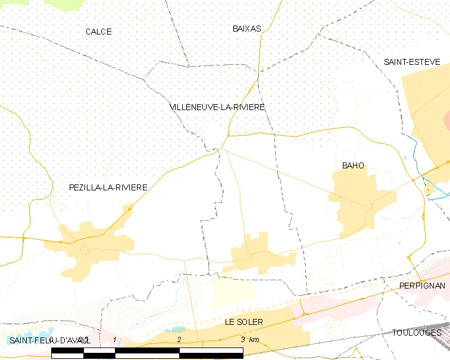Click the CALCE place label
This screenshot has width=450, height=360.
click(98, 32)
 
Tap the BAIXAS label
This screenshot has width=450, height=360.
click(246, 29)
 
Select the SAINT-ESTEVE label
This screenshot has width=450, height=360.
click(411, 62)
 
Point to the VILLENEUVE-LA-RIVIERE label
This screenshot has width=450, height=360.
click(217, 107)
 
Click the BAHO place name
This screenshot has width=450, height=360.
click(353, 165)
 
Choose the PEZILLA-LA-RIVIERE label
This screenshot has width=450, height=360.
click(108, 187)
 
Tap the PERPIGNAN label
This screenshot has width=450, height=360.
click(422, 286)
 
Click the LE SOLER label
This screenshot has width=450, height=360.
click(244, 322)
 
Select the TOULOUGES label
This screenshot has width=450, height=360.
click(417, 332)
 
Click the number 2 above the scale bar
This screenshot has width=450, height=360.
click(179, 339)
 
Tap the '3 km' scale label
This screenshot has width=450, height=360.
click(250, 339)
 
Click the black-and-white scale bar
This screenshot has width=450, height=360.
click(147, 352)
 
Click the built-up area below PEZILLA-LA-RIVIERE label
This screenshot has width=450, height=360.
click(95, 241)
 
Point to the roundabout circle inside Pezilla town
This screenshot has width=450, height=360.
click(85, 251)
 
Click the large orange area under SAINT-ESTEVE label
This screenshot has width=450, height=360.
click(427, 119)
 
